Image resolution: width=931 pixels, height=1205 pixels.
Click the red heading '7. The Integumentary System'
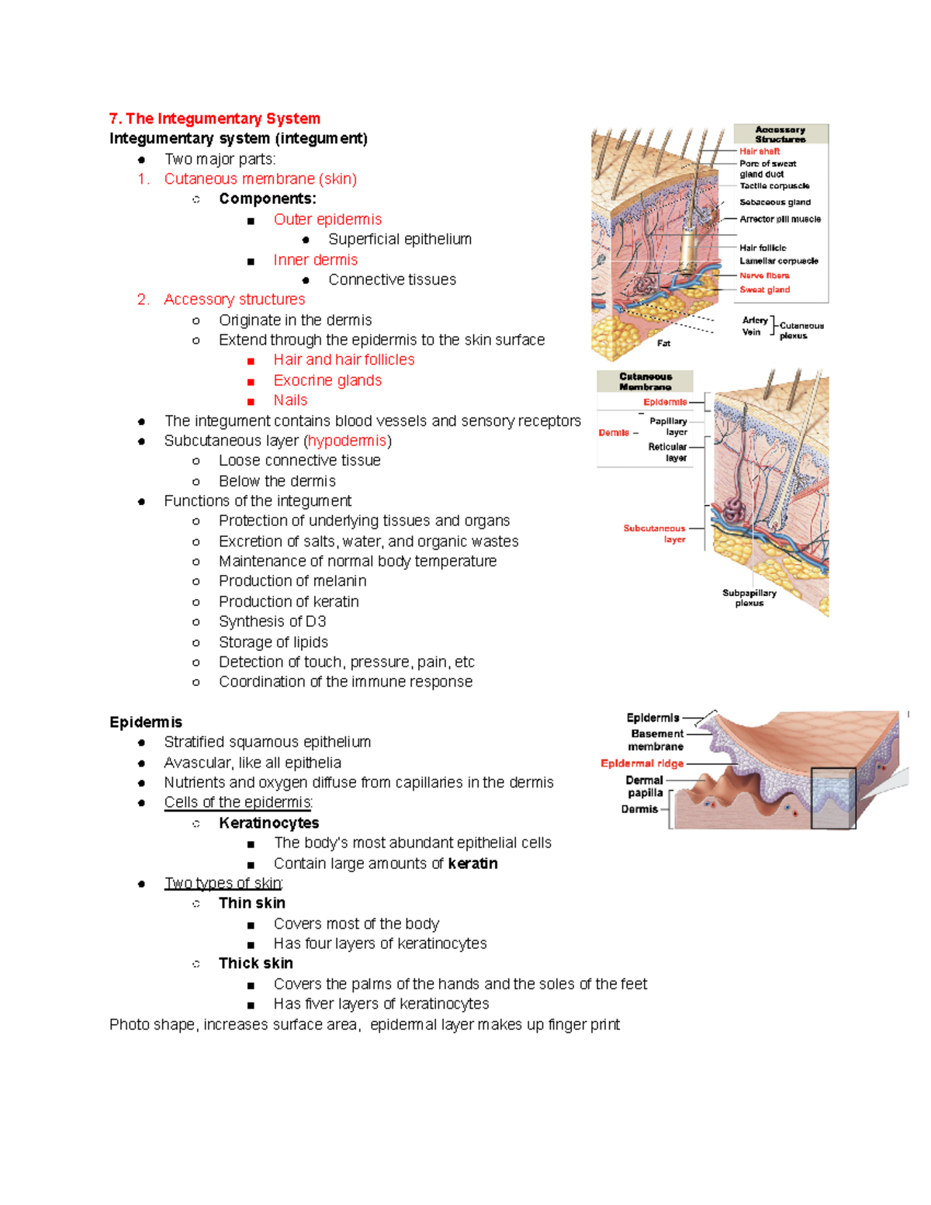tap(215, 119)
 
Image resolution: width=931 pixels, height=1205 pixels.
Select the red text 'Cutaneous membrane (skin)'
tap(260, 179)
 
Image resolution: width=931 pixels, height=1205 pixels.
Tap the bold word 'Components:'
tap(267, 199)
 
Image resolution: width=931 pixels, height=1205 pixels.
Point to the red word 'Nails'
tap(290, 400)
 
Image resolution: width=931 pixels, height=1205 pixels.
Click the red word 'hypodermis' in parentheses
tap(347, 441)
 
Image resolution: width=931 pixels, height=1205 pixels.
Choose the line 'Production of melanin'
tap(292, 581)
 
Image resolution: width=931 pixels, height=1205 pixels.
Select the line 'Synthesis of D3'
tap(272, 622)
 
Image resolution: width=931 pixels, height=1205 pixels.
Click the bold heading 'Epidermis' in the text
tap(146, 722)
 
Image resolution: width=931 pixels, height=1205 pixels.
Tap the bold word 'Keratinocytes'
tap(268, 823)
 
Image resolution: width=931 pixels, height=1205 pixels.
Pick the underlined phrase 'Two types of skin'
tap(223, 883)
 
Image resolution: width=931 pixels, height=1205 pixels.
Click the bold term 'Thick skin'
tap(255, 964)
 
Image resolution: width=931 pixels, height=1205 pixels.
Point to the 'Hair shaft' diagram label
tap(759, 151)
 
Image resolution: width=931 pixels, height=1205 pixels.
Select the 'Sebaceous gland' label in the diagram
tap(774, 202)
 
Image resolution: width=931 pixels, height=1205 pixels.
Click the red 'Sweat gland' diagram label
tap(764, 289)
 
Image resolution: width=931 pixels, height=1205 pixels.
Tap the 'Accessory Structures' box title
tap(780, 134)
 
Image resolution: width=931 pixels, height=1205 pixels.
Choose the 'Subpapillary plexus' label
tap(749, 597)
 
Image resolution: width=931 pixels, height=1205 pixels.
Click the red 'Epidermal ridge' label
tap(642, 764)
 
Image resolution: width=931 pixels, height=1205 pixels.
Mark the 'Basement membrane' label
tap(656, 740)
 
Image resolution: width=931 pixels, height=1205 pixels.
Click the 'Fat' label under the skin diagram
tap(663, 343)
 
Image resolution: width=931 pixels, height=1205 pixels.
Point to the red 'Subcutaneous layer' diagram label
tap(655, 534)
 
